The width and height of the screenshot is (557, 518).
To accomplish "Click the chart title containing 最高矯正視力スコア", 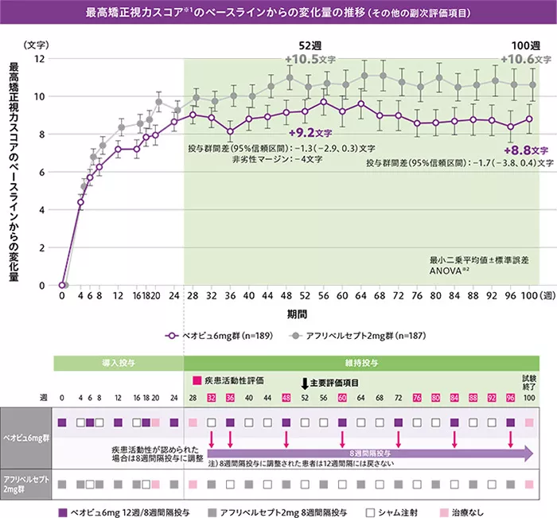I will [x=278, y=13].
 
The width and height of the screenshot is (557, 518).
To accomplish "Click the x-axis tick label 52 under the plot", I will [x=305, y=296].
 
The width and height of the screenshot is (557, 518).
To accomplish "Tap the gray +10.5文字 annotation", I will [x=305, y=59].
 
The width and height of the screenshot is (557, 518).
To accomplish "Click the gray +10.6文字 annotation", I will [x=526, y=59].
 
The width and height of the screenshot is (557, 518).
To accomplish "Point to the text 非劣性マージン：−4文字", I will [x=277, y=159].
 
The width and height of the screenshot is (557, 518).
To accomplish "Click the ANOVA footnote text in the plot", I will [x=450, y=271].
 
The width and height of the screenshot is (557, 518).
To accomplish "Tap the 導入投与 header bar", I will [x=119, y=362].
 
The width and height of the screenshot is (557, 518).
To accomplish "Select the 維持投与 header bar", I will [x=361, y=362].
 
